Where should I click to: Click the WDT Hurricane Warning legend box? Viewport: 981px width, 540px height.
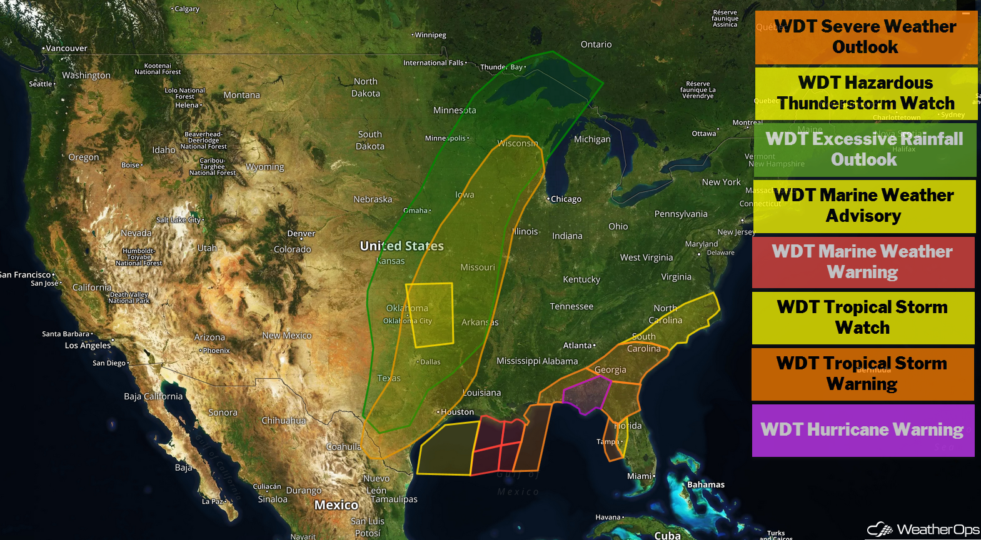tap(863, 430)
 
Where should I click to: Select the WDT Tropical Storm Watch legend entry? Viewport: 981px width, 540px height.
tap(863, 317)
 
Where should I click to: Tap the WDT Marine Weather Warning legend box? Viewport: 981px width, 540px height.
tap(863, 262)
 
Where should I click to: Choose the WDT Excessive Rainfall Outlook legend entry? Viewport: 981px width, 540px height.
tap(865, 149)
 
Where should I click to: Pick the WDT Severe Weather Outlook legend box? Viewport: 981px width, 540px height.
tap(866, 37)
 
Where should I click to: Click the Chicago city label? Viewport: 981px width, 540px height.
tap(566, 199)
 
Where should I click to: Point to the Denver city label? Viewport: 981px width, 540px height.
tap(301, 234)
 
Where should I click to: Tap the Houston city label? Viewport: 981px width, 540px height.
tap(457, 412)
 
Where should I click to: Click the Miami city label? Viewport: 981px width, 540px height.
tap(640, 476)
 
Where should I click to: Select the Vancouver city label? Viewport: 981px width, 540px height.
tap(66, 48)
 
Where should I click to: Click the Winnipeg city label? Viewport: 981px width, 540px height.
tap(430, 35)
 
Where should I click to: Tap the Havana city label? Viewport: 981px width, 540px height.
tap(608, 517)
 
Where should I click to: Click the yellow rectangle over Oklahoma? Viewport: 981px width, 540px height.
tap(430, 314)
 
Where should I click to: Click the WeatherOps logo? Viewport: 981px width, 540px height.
tap(923, 529)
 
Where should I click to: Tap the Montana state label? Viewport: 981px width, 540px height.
tap(241, 95)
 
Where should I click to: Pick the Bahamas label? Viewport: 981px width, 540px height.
tap(706, 484)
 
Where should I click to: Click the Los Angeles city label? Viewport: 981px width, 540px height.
tap(88, 345)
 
